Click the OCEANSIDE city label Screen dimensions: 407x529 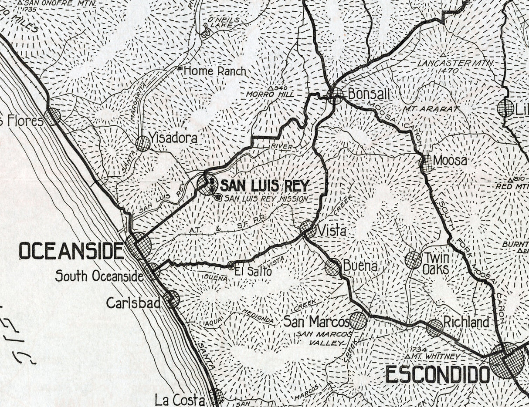71,251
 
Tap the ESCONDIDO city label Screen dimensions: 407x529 437,374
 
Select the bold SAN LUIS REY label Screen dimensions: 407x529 264,186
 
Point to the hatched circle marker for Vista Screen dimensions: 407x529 308,229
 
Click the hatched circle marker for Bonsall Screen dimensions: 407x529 336,95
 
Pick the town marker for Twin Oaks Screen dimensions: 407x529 413,260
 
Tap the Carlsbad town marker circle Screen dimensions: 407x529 172,299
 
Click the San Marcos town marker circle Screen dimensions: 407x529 358,320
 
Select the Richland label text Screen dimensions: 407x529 466,322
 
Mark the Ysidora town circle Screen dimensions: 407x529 143,143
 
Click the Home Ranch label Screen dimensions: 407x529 215,71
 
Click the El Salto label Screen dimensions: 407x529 253,271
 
